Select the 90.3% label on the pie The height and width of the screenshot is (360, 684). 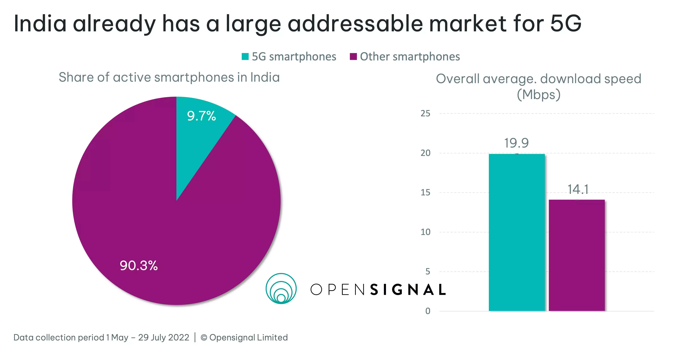pyautogui.click(x=139, y=266)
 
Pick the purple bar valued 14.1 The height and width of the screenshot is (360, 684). pyautogui.click(x=577, y=255)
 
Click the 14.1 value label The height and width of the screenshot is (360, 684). pyautogui.click(x=578, y=190)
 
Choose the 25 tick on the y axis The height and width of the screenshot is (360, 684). pyautogui.click(x=425, y=114)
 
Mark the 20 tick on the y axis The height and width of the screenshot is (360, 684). pyautogui.click(x=425, y=153)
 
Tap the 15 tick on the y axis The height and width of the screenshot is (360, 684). pyautogui.click(x=425, y=192)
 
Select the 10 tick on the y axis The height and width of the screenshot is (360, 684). pyautogui.click(x=425, y=232)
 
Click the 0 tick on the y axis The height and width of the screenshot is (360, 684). pyautogui.click(x=428, y=311)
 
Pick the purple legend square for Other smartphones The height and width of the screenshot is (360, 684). pyautogui.click(x=353, y=57)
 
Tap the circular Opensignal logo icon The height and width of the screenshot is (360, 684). pyautogui.click(x=281, y=289)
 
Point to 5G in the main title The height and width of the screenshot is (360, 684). pyautogui.click(x=566, y=24)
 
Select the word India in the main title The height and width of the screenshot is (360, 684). pyautogui.click(x=40, y=24)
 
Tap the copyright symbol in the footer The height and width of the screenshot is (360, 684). pyautogui.click(x=204, y=338)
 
